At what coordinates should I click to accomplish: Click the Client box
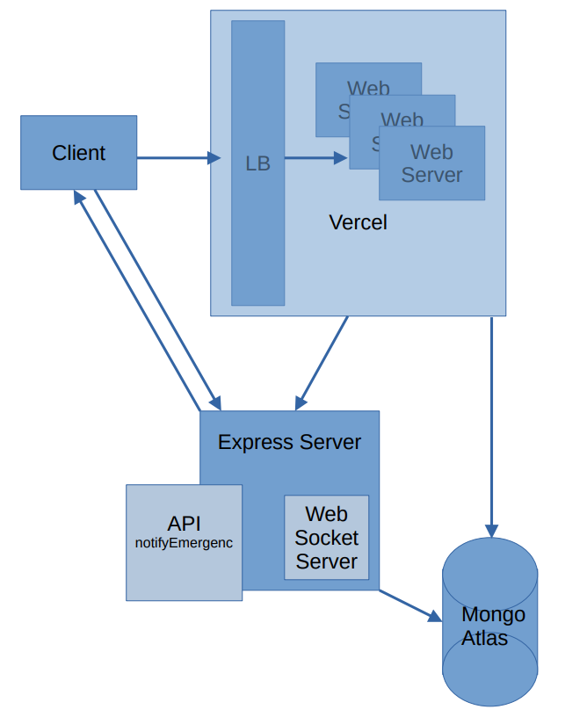pos(78,153)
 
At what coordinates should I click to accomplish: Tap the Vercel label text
pos(358,222)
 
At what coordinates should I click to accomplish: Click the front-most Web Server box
pos(431,164)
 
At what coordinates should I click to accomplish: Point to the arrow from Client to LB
pos(176,158)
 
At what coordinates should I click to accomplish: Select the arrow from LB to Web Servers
pos(312,158)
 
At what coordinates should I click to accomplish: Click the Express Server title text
pos(289,442)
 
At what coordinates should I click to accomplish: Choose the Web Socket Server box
pos(326,538)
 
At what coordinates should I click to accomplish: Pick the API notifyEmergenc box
pos(184,542)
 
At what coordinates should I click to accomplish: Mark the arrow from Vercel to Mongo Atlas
pos(491,422)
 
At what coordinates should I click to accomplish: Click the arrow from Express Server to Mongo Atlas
pos(409,605)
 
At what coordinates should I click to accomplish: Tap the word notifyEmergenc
pos(184,543)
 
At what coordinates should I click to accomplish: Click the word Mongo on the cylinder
pos(493,614)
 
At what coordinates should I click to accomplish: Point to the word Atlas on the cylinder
pos(484,638)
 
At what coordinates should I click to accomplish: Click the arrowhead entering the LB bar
pos(214,158)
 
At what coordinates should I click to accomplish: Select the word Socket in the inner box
pos(326,538)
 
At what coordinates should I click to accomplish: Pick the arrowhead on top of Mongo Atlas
pos(491,529)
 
